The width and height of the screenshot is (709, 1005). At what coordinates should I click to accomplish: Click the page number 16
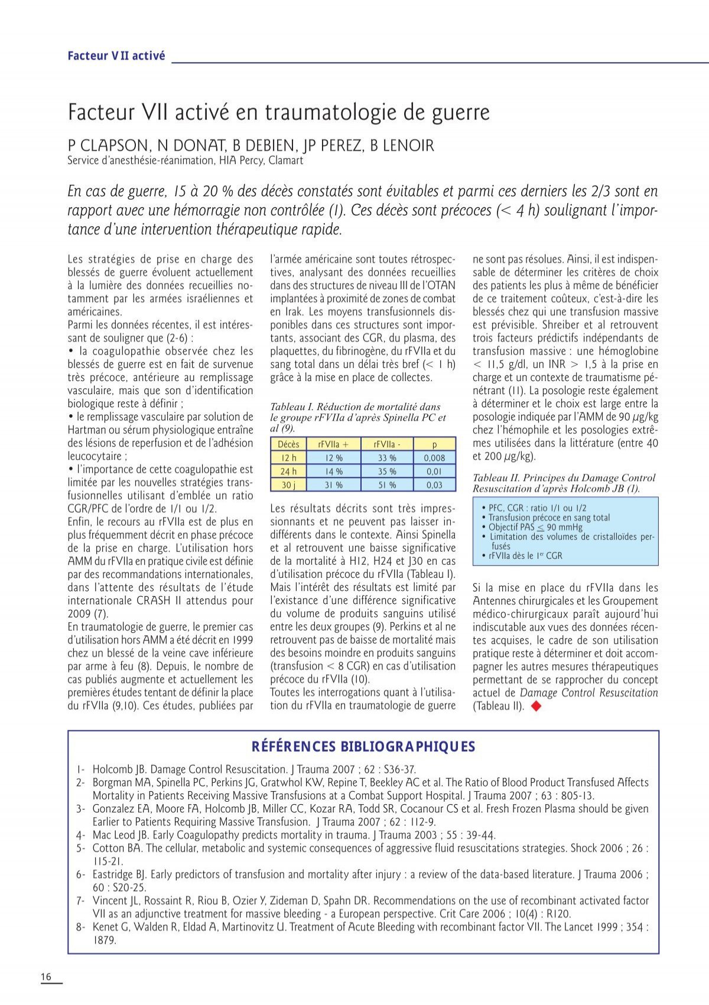point(46,977)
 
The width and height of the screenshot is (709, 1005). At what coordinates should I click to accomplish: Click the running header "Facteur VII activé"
point(116,56)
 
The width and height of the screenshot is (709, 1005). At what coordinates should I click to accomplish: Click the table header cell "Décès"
point(288,444)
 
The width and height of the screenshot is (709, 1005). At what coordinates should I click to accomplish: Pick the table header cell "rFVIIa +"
point(333,444)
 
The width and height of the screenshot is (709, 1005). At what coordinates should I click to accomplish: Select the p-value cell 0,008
point(434,458)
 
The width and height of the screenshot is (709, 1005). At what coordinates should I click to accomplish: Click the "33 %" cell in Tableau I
point(387,458)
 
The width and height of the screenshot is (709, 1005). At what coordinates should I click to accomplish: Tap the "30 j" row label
point(288,484)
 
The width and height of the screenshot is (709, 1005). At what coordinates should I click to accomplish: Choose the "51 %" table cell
point(387,484)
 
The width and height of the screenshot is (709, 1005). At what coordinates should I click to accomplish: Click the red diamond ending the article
point(536,705)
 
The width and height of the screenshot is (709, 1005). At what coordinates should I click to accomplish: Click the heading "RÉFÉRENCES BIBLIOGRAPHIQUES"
point(363,747)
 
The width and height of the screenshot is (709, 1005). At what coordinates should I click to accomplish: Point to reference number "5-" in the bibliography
point(81,848)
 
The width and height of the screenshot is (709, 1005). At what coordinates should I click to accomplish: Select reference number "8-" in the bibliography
point(81,927)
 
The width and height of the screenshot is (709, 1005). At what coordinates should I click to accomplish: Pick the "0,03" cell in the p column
point(434,484)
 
